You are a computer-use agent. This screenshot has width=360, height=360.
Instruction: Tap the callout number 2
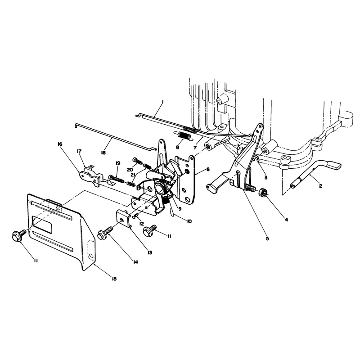click(320, 186)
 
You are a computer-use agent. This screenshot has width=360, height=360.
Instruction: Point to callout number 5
click(267, 238)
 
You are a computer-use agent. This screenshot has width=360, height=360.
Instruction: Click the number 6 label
click(208, 169)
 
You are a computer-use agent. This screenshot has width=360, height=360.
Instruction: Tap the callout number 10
click(189, 221)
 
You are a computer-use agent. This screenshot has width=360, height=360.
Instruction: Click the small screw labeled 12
click(136, 216)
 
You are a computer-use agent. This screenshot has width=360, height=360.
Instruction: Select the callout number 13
click(150, 252)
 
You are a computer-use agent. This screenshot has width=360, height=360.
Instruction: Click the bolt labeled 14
click(105, 234)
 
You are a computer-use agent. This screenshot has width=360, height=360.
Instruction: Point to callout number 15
click(114, 279)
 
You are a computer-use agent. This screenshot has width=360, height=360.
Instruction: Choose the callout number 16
click(60, 144)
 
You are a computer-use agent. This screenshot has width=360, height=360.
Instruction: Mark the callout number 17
click(79, 151)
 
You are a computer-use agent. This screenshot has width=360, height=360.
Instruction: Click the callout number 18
click(103, 153)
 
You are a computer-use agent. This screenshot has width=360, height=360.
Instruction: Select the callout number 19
click(118, 163)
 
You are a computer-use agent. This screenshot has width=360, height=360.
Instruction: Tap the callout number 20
click(130, 170)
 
